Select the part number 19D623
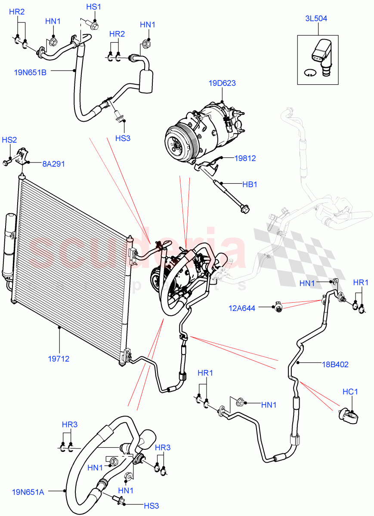pyautogui.click(x=222, y=83)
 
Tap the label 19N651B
pyautogui.click(x=30, y=72)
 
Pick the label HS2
pyautogui.click(x=9, y=140)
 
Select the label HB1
pyautogui.click(x=250, y=184)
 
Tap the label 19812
pyautogui.click(x=245, y=158)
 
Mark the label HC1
pyautogui.click(x=350, y=392)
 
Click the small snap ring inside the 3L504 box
pyautogui.click(x=309, y=72)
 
